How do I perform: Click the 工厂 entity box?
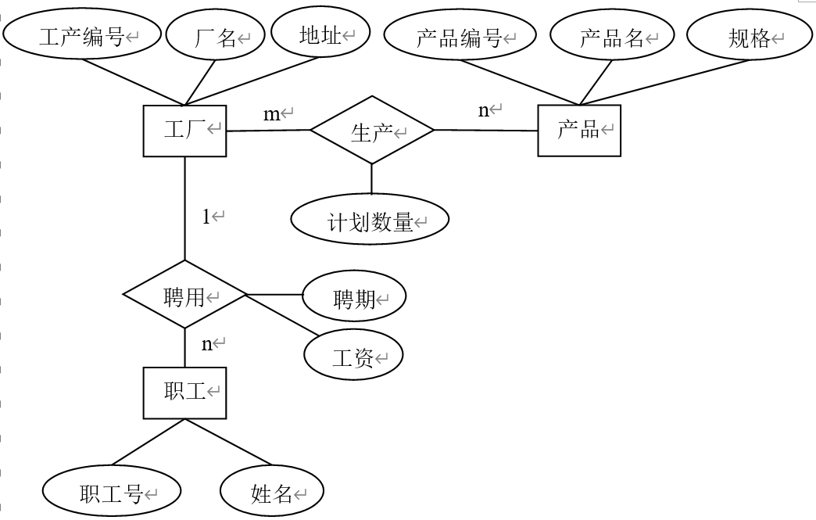coord(184,131)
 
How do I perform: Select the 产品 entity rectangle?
coord(579,131)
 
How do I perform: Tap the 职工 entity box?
coord(184,393)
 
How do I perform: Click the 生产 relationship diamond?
coord(372,131)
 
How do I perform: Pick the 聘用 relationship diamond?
coord(184,296)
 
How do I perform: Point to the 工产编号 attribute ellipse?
coord(82,35)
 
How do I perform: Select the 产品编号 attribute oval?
coord(460,37)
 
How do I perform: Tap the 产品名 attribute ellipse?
coord(612,37)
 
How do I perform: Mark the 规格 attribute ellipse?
coord(750,37)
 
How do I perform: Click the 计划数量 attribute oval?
coord(370,221)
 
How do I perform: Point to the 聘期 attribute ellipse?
coord(354,298)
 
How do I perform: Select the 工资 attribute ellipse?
coord(353,357)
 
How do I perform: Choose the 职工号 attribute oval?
coord(112,493)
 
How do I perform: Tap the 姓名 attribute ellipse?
coord(271,493)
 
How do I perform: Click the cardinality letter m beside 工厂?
coord(271,114)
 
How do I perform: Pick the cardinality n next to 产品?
coord(484,110)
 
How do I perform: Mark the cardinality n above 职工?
coord(207,343)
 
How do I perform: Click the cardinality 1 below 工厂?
coord(206,217)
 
